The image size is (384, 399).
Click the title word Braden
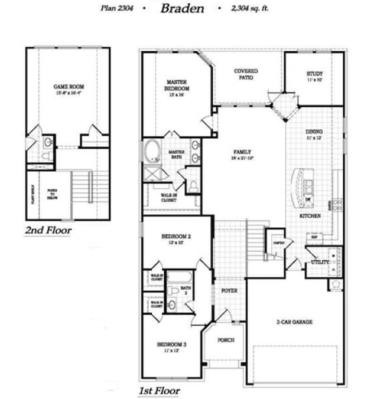182,8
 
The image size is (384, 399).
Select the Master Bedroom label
177,86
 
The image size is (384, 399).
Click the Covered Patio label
246,74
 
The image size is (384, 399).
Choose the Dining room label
314,134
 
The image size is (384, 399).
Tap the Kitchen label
310,216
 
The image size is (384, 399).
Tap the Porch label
226,340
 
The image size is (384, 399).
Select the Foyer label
229,290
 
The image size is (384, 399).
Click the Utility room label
320,261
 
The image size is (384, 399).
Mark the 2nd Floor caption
48,229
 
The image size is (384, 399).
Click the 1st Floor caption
159,390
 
